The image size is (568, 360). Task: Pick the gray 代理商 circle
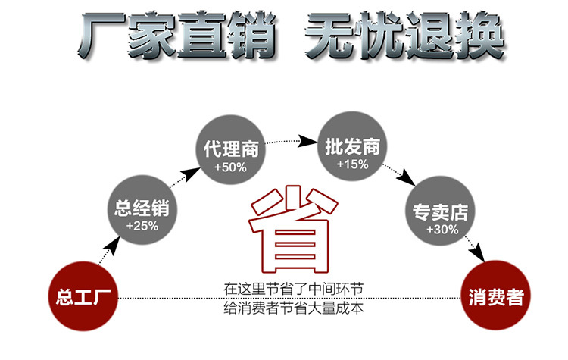(x=230, y=155)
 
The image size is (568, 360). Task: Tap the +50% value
(x=230, y=166)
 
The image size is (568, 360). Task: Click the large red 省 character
(x=292, y=230)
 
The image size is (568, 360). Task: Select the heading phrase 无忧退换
(x=404, y=35)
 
